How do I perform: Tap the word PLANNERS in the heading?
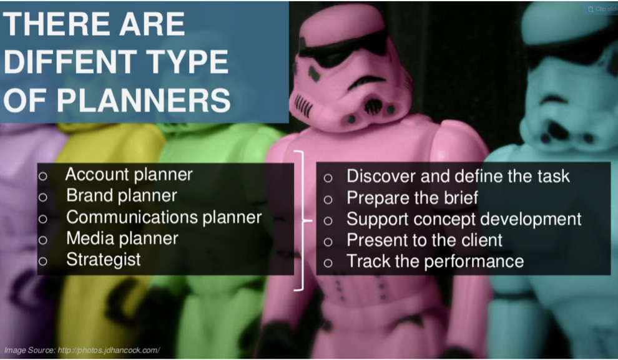click(144, 100)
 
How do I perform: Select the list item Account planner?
click(129, 175)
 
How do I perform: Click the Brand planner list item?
click(121, 195)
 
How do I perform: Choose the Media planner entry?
click(122, 238)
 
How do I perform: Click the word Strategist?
click(103, 260)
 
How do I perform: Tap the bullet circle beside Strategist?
click(43, 261)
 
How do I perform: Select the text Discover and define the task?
click(458, 176)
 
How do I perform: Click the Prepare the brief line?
click(412, 197)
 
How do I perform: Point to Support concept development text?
click(464, 219)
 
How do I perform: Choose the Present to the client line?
click(424, 240)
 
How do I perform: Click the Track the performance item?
click(435, 261)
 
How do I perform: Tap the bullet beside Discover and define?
click(328, 178)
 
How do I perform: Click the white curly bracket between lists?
click(303, 221)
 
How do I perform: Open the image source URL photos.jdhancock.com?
click(109, 350)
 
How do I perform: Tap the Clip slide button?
click(602, 9)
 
